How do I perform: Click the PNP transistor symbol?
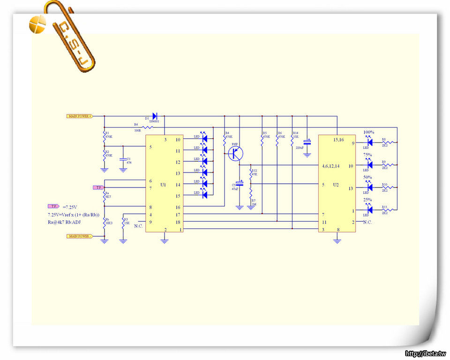[x=236, y=153]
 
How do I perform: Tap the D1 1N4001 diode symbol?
[x=155, y=115]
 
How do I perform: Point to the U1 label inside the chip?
[x=163, y=185]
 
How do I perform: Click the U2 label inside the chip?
[x=336, y=185]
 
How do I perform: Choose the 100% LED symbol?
[x=369, y=142]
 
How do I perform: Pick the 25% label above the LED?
[x=367, y=200]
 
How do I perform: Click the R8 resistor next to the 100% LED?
[x=388, y=142]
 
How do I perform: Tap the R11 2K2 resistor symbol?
[x=388, y=210]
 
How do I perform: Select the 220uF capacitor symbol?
[x=307, y=142]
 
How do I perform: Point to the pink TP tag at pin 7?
[x=98, y=187]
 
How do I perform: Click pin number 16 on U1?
[x=178, y=207]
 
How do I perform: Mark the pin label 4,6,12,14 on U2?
[x=334, y=166]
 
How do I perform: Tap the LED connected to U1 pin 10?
[x=204, y=139]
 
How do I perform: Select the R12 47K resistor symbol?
[x=251, y=172]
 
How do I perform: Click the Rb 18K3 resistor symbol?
[x=104, y=224]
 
